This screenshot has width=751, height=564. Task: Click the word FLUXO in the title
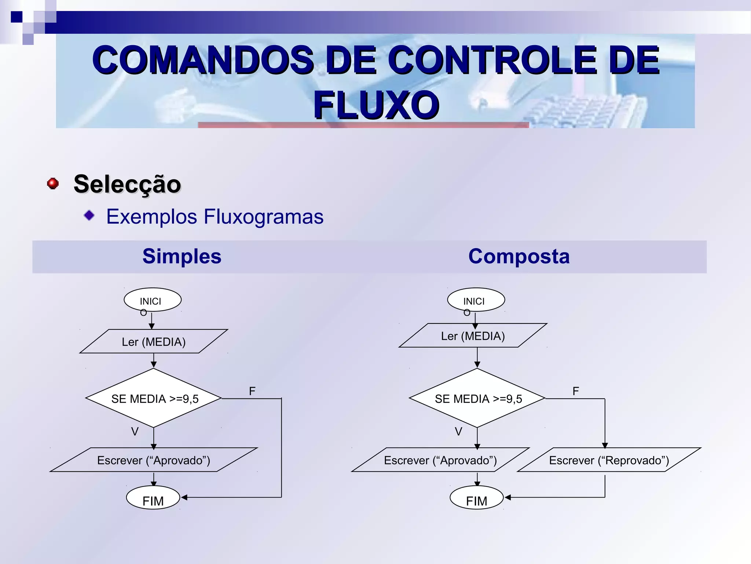click(376, 105)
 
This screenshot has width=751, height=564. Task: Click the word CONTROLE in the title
click(492, 59)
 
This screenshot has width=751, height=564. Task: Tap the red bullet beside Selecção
click(53, 183)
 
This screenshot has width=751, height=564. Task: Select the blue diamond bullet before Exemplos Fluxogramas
click(89, 216)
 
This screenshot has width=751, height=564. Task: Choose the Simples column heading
click(182, 256)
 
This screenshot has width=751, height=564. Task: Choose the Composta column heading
click(519, 256)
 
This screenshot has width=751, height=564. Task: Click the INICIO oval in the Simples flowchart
click(153, 300)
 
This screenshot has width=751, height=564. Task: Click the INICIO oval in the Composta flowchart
click(476, 300)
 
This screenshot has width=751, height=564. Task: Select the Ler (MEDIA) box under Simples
click(154, 341)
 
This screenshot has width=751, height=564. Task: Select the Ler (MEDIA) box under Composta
click(473, 336)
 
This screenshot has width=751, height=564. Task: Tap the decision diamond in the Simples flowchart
click(154, 398)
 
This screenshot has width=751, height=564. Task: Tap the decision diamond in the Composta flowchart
click(477, 398)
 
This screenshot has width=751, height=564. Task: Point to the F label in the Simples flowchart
click(252, 391)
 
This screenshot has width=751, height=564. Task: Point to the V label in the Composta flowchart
click(458, 431)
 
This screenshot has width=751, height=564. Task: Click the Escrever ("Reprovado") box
click(609, 460)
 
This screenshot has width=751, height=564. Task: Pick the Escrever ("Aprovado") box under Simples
click(154, 460)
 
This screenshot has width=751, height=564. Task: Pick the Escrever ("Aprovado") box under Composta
click(440, 460)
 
